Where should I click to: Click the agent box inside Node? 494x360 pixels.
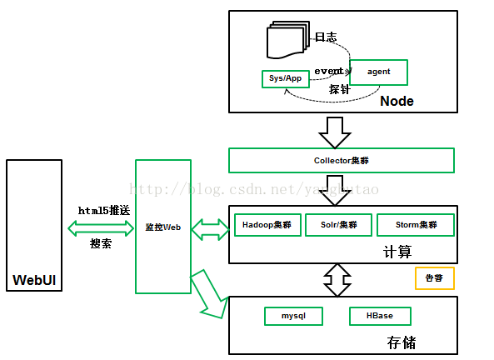click(379, 72)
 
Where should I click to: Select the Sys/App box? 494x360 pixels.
click(285, 79)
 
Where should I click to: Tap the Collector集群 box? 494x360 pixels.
click(342, 160)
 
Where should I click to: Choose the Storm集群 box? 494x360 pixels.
click(415, 225)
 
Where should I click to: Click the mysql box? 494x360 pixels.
click(293, 317)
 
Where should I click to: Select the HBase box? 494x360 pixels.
click(379, 317)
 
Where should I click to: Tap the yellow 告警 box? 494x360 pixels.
click(434, 278)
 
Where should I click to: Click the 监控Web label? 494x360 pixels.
click(162, 227)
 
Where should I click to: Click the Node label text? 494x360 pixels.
click(397, 101)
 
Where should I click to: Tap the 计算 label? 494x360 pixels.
click(397, 252)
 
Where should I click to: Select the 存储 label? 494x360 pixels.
click(401, 342)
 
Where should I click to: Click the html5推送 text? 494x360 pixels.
click(103, 211)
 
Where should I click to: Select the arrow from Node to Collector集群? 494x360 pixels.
click(337, 131)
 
